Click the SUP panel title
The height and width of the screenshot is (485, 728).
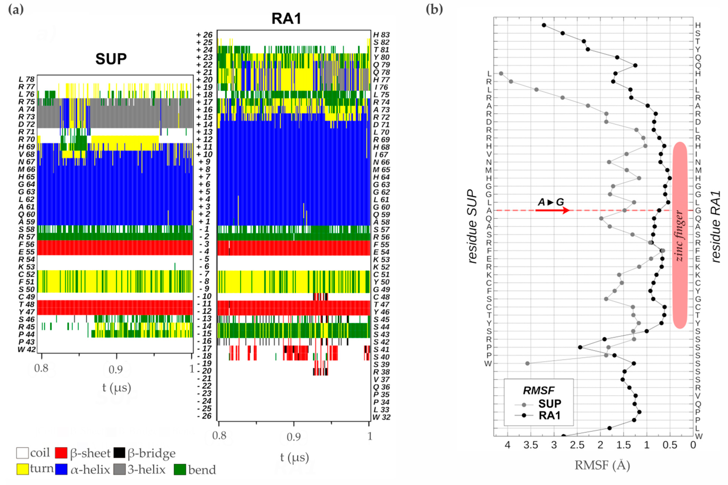[111, 59]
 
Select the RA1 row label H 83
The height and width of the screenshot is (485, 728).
[381, 35]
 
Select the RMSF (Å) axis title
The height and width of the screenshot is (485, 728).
[602, 465]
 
